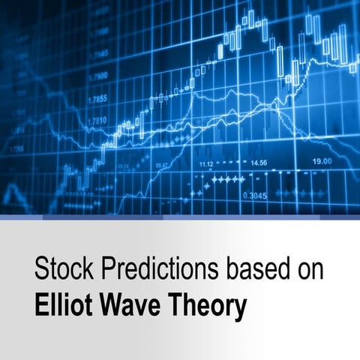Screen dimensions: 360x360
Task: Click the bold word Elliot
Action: (60, 306)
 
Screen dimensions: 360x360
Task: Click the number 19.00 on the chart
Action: (323, 161)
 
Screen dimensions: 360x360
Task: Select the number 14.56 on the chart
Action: (258, 162)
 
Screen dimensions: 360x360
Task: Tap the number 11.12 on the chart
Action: (206, 163)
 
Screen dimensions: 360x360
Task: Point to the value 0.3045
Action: (253, 196)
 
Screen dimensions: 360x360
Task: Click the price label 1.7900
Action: (97, 76)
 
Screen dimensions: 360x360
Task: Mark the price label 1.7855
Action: (97, 99)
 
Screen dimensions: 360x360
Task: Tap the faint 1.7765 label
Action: (16, 148)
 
